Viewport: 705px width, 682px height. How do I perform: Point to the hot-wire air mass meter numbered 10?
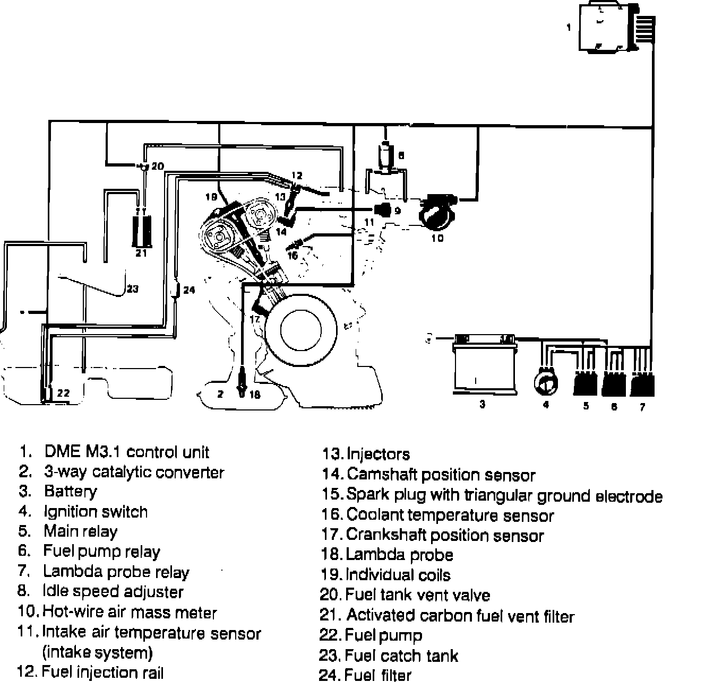click(438, 211)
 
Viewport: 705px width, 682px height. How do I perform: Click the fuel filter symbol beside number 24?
click(176, 289)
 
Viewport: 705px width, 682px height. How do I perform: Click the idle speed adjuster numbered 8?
click(386, 155)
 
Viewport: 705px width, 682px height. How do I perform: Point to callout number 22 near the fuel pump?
click(63, 393)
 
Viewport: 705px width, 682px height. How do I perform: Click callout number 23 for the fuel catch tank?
click(133, 288)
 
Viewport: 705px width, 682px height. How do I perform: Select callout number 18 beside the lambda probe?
click(255, 395)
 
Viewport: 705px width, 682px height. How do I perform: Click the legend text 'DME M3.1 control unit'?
click(127, 452)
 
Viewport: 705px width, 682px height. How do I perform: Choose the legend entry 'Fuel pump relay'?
click(101, 552)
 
